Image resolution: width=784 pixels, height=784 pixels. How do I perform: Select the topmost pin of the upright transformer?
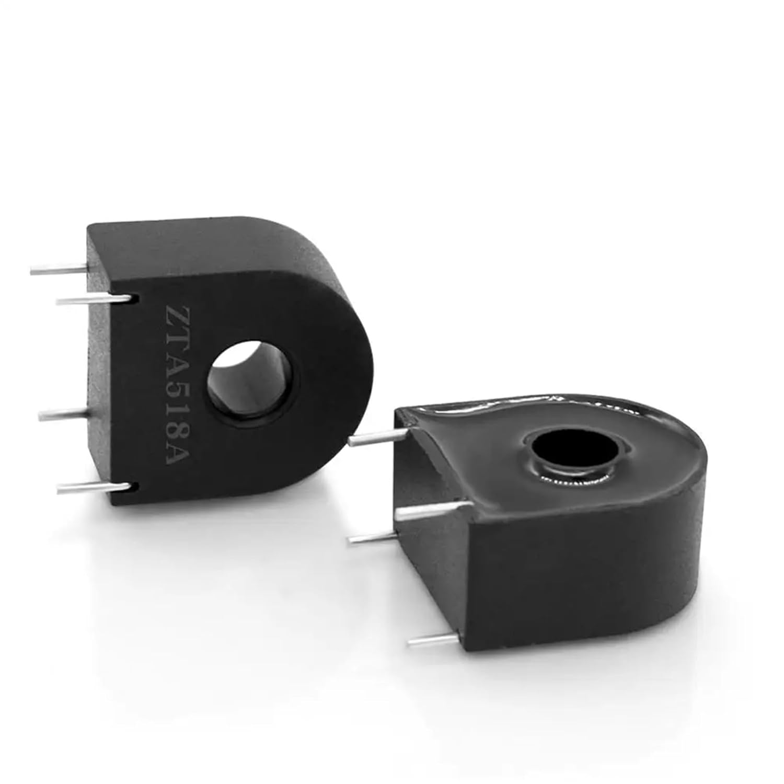(x=57, y=269)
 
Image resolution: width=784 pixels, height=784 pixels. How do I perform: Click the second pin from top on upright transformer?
(x=94, y=299)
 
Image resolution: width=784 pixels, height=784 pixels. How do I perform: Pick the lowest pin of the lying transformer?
(x=434, y=637)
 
